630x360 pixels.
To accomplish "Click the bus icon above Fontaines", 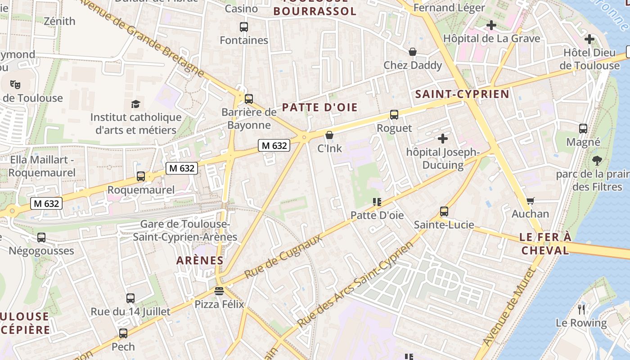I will pyautogui.click(x=244, y=27).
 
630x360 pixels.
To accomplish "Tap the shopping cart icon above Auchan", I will pyautogui.click(x=530, y=201).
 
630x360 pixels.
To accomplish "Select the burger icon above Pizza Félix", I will pyautogui.click(x=219, y=291).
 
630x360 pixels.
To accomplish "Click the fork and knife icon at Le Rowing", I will pyautogui.click(x=581, y=309).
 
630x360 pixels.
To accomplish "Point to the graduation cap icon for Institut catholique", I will pyautogui.click(x=135, y=104).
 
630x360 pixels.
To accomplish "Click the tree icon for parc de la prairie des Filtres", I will pyautogui.click(x=597, y=160).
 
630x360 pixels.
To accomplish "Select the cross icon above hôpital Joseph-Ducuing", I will pyautogui.click(x=443, y=139).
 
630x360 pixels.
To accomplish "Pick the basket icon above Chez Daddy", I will pyautogui.click(x=413, y=52).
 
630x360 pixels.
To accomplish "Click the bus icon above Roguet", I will pyautogui.click(x=394, y=115).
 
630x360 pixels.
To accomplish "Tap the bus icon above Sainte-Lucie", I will pyautogui.click(x=444, y=211).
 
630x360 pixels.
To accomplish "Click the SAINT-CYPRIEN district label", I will pyautogui.click(x=462, y=94).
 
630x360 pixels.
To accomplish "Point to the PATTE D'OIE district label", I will pyautogui.click(x=320, y=107).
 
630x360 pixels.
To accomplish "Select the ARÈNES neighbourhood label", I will pyautogui.click(x=200, y=260).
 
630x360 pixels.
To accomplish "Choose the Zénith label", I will pyautogui.click(x=60, y=21).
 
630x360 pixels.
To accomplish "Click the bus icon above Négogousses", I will pyautogui.click(x=41, y=237).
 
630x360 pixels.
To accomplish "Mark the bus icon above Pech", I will pyautogui.click(x=123, y=333).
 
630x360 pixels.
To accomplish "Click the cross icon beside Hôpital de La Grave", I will pyautogui.click(x=491, y=25).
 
